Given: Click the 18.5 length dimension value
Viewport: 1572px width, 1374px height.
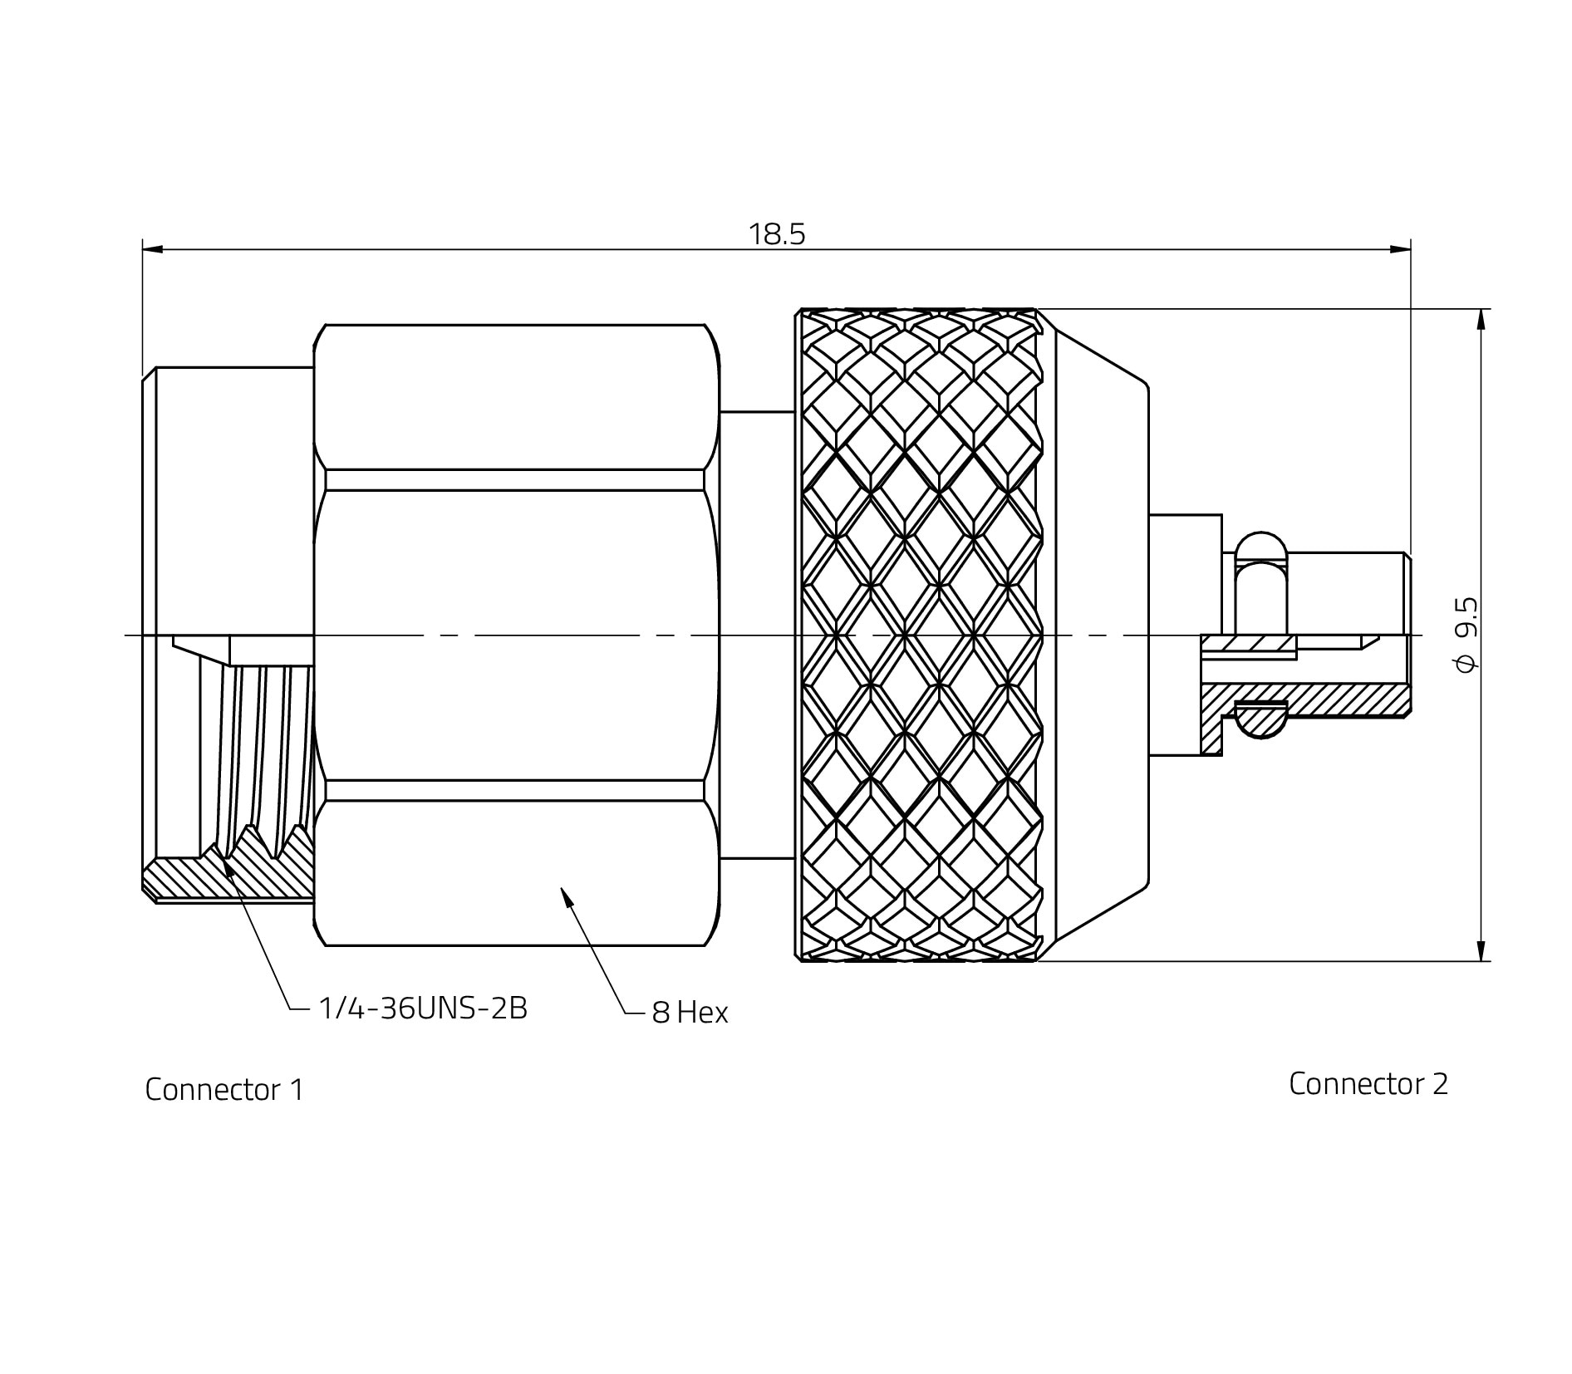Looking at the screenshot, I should point(777,235).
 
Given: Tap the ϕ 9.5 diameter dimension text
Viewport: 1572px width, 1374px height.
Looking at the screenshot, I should point(1467,635).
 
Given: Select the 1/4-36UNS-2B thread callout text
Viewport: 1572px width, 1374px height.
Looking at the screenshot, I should point(423,1008).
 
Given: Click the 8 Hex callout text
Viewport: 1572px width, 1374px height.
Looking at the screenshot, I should point(690,1013).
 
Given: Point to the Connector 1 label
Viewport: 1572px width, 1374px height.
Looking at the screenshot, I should point(224,1090).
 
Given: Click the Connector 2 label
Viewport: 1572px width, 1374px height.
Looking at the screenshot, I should point(1368,1083).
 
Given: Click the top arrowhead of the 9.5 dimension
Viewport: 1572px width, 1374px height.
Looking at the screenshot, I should point(1480,320).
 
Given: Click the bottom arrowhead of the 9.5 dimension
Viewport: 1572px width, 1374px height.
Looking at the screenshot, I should point(1480,950).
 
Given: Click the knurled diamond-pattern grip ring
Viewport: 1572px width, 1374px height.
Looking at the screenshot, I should point(918,635).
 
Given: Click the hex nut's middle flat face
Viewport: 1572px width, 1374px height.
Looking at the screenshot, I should point(515,635).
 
